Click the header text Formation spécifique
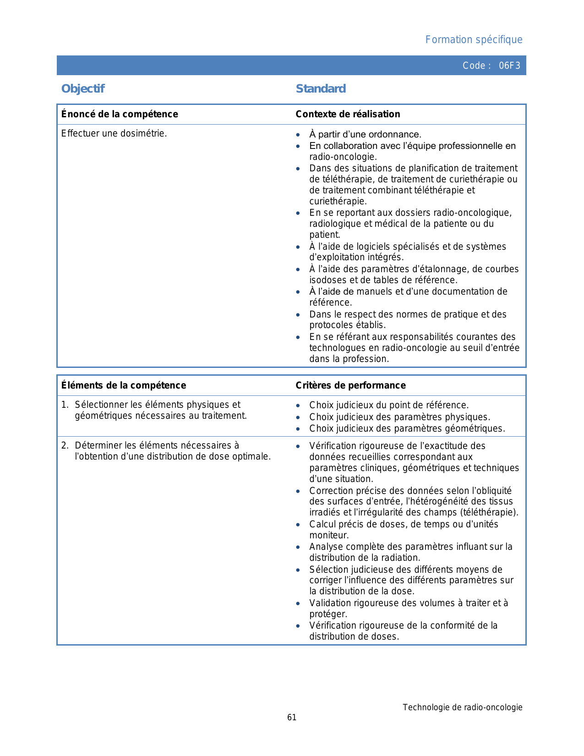coord(474,40)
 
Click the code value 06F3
coord(509,66)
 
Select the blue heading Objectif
coord(83,89)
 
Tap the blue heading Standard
coord(321,89)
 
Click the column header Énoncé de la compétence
coord(120,114)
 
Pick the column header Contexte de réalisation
coord(348,114)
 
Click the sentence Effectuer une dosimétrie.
coord(114,134)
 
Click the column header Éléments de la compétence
coord(124,385)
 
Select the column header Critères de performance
coord(350,385)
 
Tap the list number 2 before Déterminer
coord(65,446)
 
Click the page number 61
coord(292,718)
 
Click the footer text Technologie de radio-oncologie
coord(463,707)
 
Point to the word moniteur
coord(329,536)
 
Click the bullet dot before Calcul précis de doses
coord(298,525)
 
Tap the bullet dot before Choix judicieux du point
coord(298,406)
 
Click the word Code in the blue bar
coord(474,66)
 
